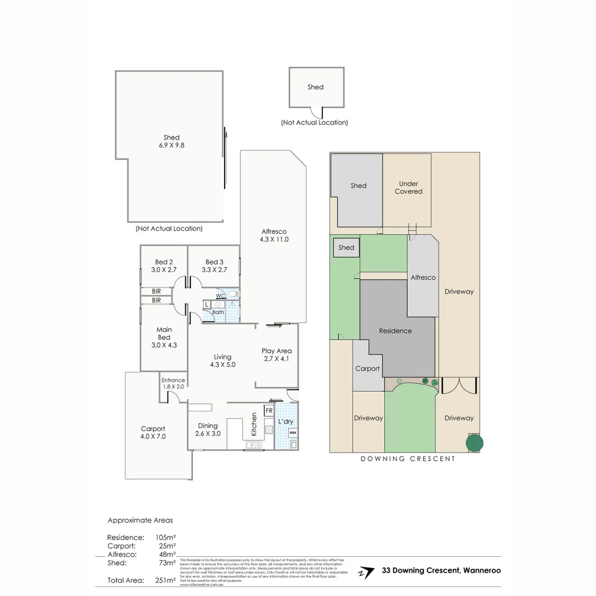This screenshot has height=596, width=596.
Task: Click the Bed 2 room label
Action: coord(163,266)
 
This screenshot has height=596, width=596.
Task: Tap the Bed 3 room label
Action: coord(214,266)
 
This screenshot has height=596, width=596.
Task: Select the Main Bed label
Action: coord(164,337)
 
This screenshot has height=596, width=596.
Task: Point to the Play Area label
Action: coord(276,354)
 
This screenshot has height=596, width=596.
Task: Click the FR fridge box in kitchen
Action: coord(269,411)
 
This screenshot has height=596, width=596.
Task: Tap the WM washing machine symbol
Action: coord(292,433)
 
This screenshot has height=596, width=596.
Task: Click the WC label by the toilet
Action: coord(220,296)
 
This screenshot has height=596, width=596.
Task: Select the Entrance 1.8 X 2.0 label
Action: coord(173,383)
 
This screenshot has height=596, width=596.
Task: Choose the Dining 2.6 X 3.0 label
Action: coord(208,429)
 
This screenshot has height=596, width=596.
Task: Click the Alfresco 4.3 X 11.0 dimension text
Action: coord(274,240)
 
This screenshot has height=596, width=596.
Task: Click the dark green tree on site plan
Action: coord(474,443)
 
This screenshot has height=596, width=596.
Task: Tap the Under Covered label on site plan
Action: coord(408,188)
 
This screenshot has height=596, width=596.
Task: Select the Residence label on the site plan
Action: coord(395,331)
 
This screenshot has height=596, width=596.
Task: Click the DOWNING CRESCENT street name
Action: coord(408,459)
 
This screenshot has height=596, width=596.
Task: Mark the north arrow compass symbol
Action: coord(364,572)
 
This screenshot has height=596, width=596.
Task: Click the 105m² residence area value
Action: coord(166,537)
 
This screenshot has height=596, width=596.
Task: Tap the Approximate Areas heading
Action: coord(140,520)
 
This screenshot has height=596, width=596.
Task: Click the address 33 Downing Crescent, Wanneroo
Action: coord(441,571)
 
